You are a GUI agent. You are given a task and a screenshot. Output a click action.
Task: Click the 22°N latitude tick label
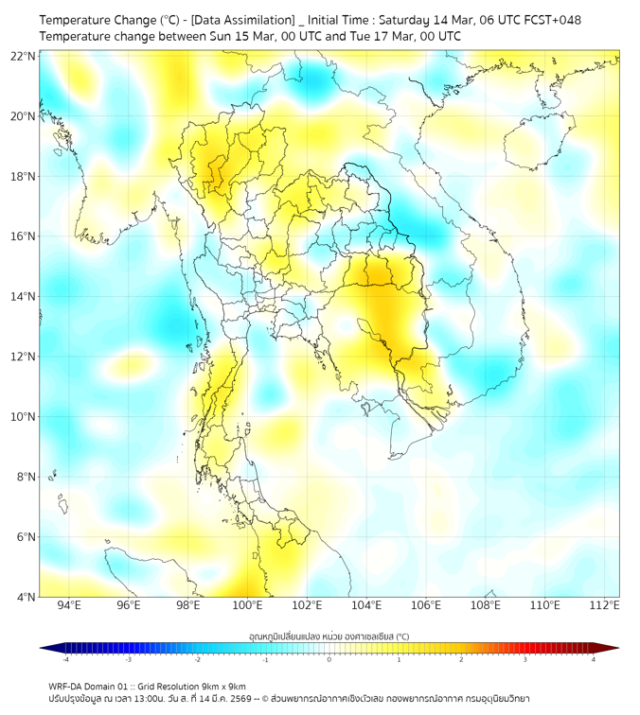(24, 57)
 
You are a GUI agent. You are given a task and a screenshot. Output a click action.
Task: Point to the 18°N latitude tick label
(24, 177)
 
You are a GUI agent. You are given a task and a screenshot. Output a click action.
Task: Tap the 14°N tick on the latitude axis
(24, 297)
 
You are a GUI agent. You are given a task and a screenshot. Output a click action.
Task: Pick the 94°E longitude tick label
(69, 605)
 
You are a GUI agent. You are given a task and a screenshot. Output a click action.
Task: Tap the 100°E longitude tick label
(247, 605)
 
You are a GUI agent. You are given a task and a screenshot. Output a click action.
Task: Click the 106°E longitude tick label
(425, 605)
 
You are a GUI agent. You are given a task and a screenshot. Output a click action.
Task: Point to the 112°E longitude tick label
(604, 605)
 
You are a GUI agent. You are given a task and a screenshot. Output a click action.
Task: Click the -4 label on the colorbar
(64, 659)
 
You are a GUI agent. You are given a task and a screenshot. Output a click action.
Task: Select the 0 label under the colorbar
(329, 659)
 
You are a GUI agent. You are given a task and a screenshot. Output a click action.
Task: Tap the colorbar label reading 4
(594, 659)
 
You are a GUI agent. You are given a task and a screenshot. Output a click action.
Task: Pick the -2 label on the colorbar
(197, 659)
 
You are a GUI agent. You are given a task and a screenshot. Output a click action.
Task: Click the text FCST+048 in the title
(553, 20)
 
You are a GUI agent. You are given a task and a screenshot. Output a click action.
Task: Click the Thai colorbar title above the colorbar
(329, 636)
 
